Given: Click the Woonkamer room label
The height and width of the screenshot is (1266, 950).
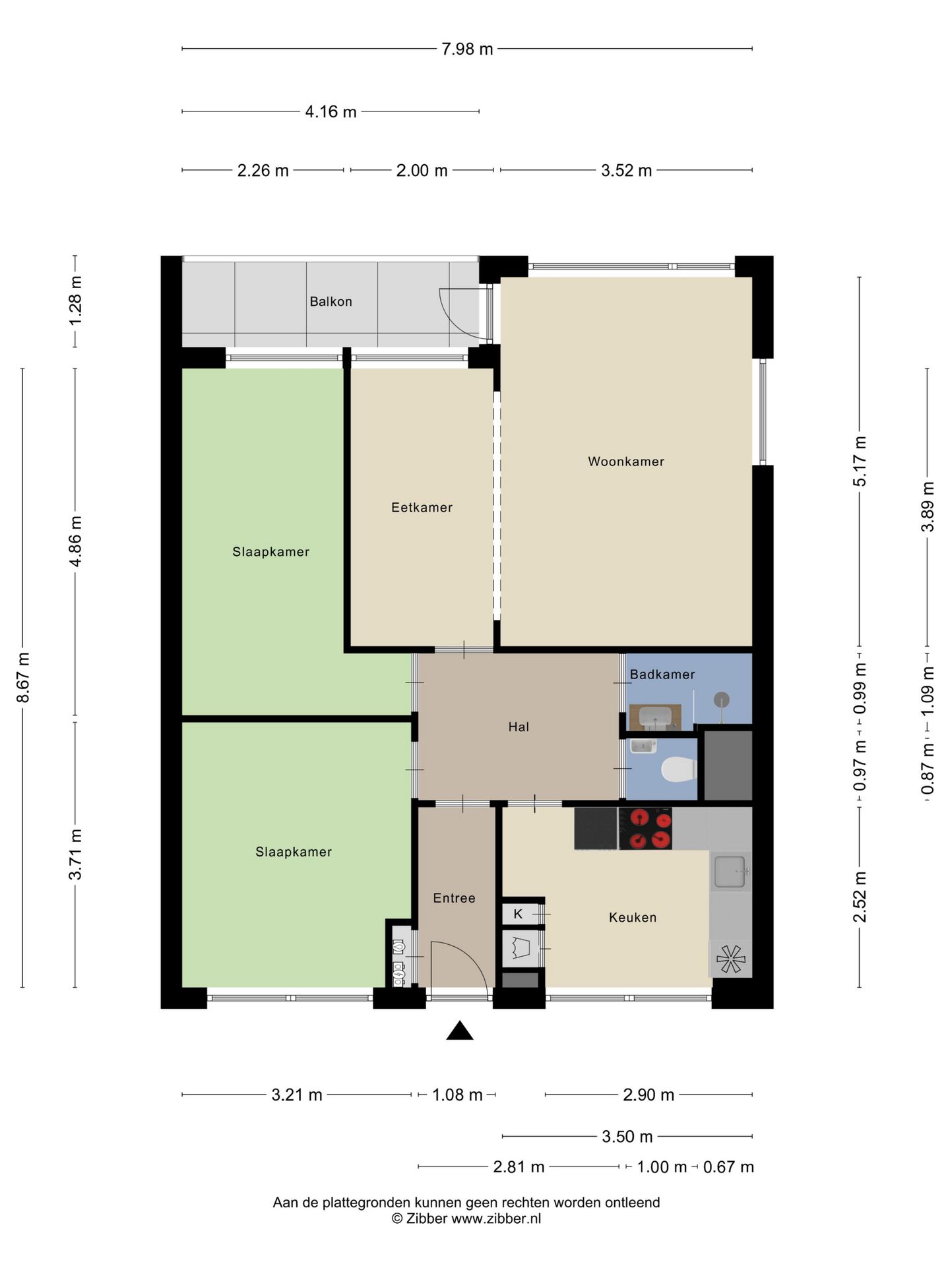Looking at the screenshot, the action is pos(625,462).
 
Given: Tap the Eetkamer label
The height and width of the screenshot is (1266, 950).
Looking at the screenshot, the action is pos(422,507).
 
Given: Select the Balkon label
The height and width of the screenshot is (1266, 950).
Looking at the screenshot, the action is pos(331,301).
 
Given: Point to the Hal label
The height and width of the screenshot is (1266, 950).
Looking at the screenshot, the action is pos(519,727).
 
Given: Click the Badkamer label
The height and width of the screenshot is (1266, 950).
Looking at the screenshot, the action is pos(662,674).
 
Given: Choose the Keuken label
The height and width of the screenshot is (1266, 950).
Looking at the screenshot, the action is pos(633,917).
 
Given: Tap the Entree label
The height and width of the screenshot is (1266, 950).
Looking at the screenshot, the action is pos(454,897).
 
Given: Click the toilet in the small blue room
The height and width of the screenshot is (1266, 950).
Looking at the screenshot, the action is pos(679,769).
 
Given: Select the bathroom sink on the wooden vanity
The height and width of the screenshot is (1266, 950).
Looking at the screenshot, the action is pos(655,715).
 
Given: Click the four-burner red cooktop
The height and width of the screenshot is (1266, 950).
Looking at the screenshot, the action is pos(645,828).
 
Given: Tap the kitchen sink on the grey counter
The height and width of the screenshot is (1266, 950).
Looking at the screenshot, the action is pos(730,871).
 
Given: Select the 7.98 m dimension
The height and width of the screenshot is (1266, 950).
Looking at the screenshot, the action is pos(467,49).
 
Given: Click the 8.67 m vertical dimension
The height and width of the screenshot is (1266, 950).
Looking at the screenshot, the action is pos(23,677).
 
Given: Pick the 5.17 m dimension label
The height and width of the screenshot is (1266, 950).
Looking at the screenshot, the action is pos(860,462).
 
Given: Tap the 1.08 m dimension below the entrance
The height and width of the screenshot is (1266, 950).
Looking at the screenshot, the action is pos(457,1095).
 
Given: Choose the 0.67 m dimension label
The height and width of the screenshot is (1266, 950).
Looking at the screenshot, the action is pos(728,1167).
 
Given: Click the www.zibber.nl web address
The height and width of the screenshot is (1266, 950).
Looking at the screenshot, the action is pos(496,1219).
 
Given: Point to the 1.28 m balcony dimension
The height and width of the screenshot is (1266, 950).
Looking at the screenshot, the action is pos(76,301).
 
